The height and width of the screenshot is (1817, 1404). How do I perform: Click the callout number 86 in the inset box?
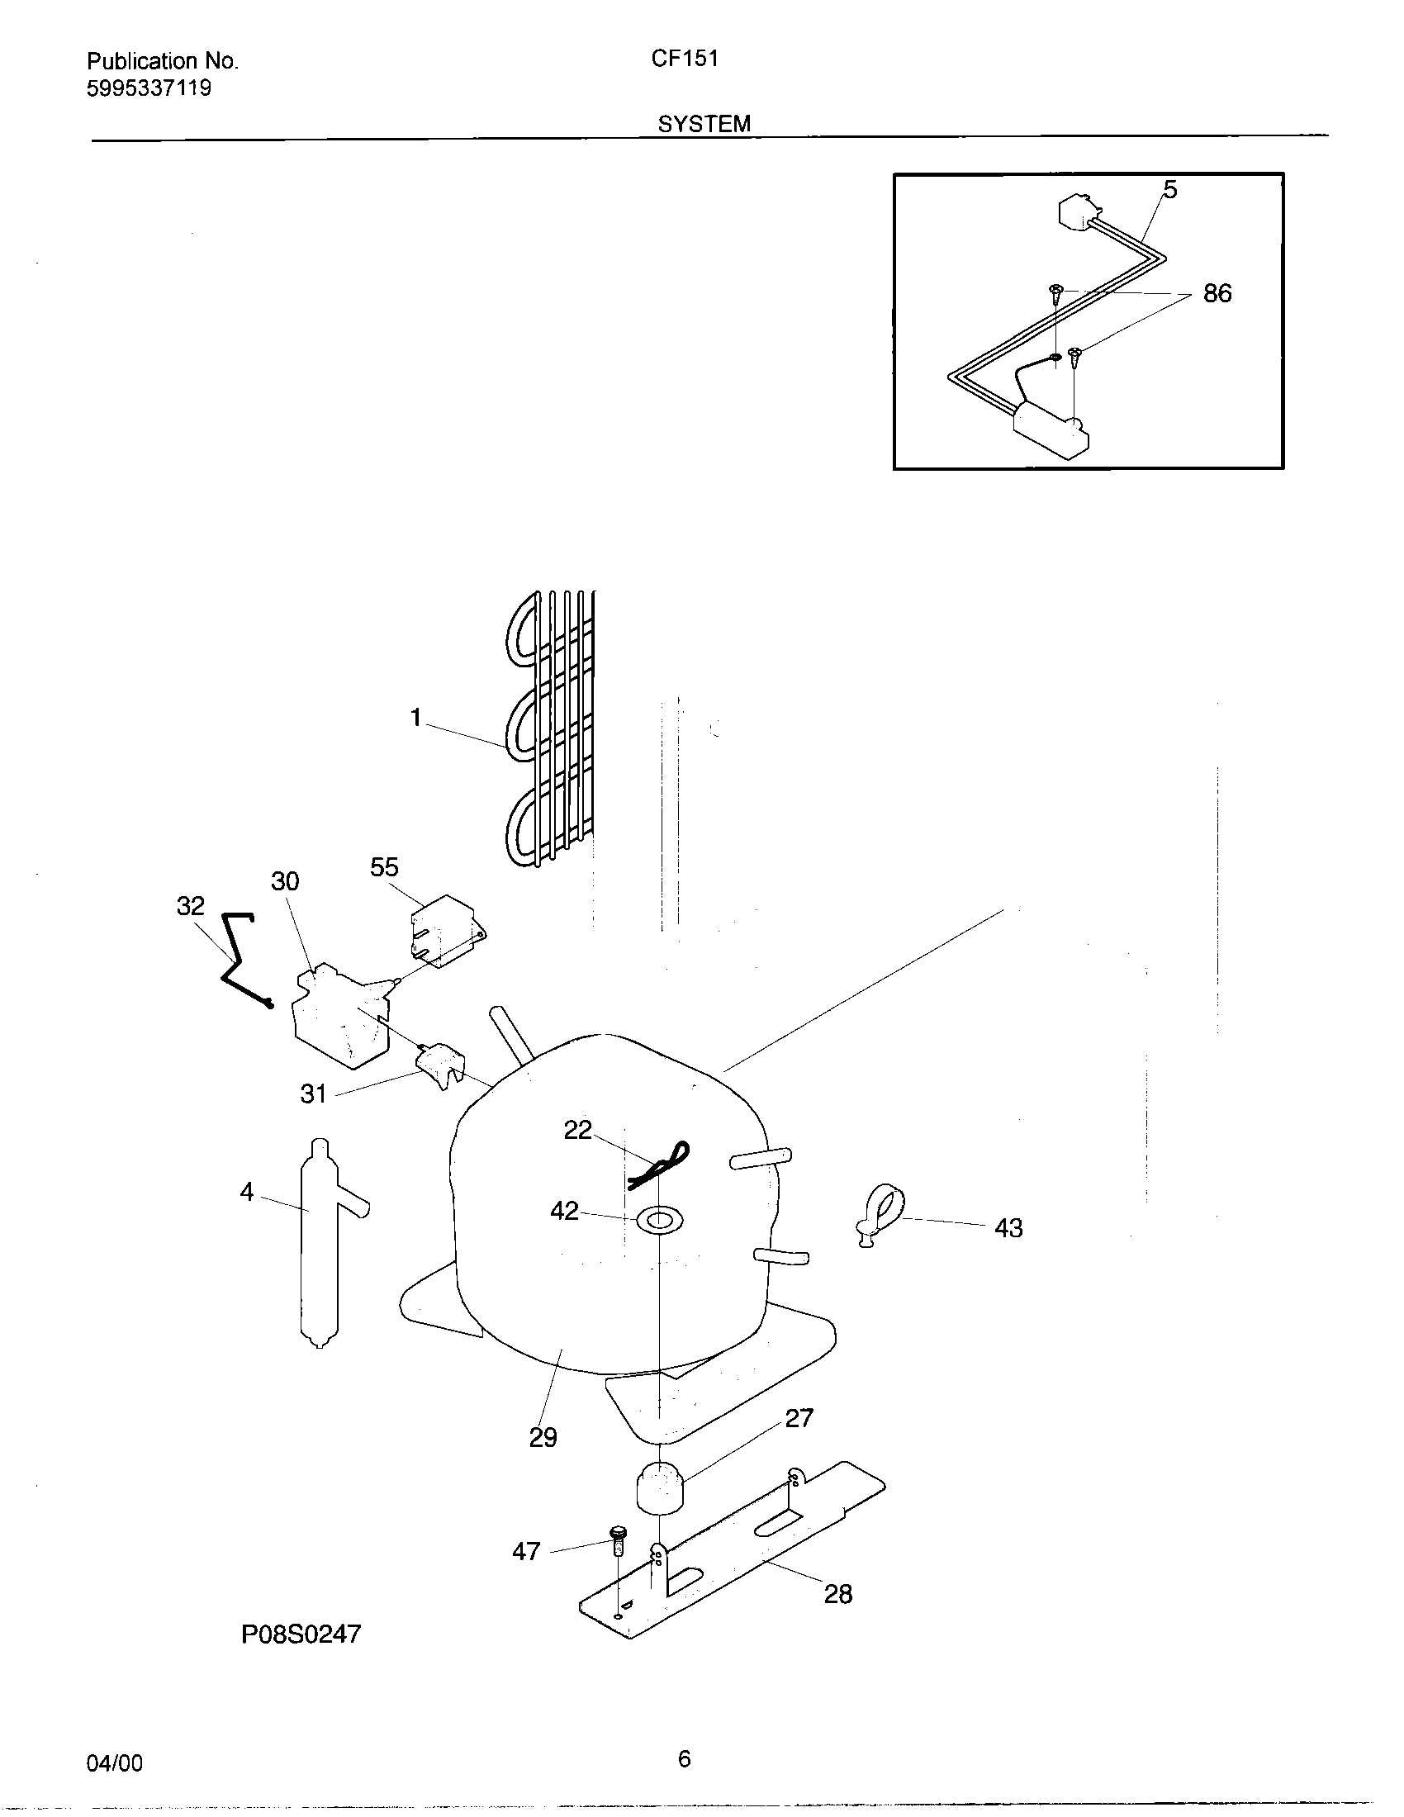point(1217,293)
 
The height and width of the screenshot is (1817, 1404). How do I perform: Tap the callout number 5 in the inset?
point(1169,191)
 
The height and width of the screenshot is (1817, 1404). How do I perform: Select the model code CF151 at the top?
point(685,59)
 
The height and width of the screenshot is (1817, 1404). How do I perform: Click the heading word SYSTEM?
point(704,124)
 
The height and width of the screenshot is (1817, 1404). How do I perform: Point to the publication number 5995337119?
point(149,88)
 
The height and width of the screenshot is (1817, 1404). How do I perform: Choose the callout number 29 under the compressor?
point(543,1438)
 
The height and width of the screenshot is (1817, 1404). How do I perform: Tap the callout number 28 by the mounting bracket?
point(837,1594)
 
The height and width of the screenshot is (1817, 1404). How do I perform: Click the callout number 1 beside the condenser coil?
point(416,717)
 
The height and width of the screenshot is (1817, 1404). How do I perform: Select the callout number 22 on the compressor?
point(577,1130)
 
